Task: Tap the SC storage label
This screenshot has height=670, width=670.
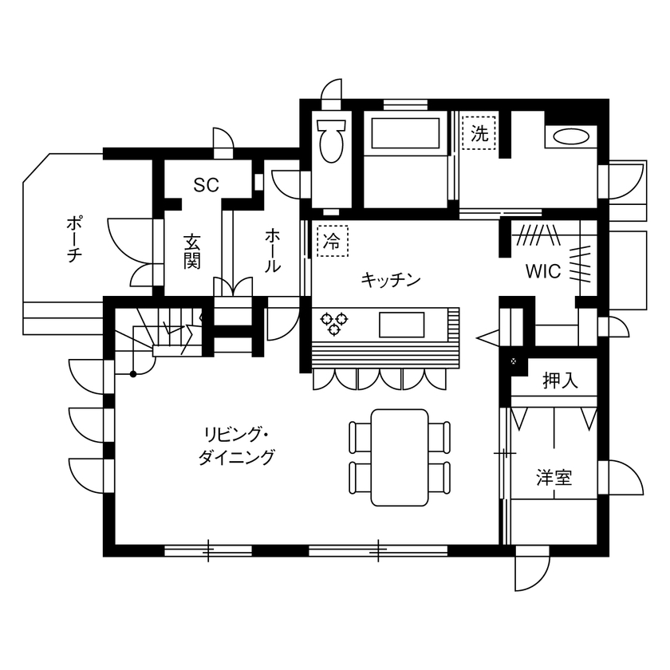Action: (206, 185)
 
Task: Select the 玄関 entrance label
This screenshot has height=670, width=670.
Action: (191, 250)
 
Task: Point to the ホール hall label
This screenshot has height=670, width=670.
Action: (272, 250)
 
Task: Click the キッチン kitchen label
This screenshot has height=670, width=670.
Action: (390, 279)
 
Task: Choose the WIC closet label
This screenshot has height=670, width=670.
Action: (542, 271)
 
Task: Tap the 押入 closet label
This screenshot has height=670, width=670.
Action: (559, 381)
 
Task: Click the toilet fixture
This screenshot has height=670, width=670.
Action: (329, 141)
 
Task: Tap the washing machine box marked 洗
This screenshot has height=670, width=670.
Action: (479, 133)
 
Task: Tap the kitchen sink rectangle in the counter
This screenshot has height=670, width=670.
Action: (403, 324)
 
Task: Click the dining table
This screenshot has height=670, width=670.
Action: (400, 457)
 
